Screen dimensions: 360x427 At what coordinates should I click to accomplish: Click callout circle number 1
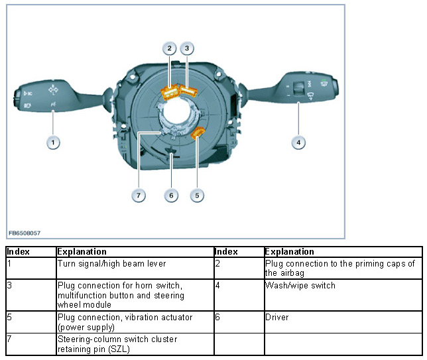tap(52, 141)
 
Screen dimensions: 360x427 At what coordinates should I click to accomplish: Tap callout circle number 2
tap(170, 48)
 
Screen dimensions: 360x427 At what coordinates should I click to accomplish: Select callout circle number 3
tap(188, 48)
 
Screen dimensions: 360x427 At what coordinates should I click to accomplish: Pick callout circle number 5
tap(197, 195)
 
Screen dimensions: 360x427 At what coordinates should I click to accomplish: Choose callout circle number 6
tap(171, 195)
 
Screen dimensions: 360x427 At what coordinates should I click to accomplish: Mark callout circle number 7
tap(139, 195)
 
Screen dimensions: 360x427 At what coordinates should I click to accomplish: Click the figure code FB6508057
tap(25, 233)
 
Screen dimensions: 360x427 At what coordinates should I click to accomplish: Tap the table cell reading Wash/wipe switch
tap(300, 286)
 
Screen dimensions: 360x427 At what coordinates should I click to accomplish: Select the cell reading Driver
tap(277, 318)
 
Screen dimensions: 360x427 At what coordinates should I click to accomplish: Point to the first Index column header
tap(20, 252)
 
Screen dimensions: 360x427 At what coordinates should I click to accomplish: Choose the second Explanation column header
tap(289, 252)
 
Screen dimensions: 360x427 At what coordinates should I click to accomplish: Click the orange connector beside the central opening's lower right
tap(198, 135)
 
